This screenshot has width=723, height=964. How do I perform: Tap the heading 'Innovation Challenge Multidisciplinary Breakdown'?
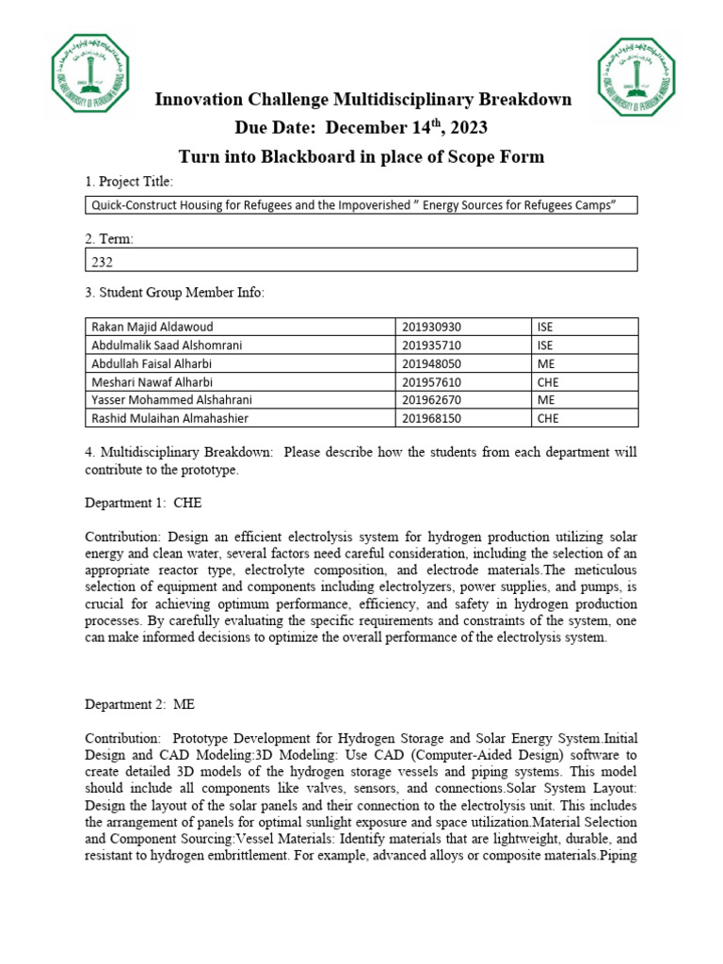[362, 100]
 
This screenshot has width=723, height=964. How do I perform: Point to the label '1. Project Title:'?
[129, 182]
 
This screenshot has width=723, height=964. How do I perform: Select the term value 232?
[102, 263]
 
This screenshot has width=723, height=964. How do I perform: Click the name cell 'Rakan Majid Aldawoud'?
[153, 327]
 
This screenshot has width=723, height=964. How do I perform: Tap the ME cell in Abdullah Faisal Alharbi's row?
[546, 362]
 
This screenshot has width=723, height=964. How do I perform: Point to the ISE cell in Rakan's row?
[546, 327]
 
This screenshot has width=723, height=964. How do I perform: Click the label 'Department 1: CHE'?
[143, 503]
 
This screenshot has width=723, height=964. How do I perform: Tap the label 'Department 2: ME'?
[141, 703]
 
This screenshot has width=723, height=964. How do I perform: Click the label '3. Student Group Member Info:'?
[175, 293]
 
